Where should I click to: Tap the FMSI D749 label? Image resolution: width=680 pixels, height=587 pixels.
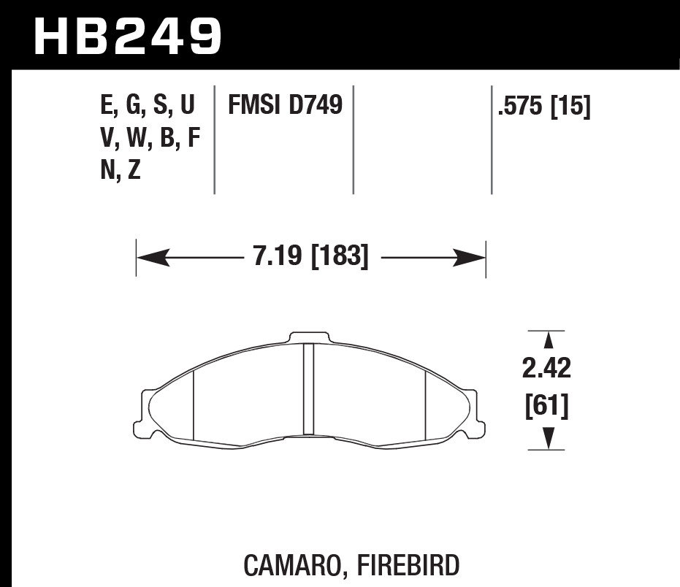pyautogui.click(x=286, y=105)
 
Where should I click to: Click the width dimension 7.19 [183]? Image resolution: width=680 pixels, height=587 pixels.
pyautogui.click(x=311, y=257)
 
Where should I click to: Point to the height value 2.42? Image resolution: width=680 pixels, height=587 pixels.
pyautogui.click(x=546, y=369)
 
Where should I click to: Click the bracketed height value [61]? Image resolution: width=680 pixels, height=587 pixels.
pyautogui.click(x=546, y=405)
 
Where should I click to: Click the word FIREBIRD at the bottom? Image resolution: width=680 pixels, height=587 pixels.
pyautogui.click(x=410, y=565)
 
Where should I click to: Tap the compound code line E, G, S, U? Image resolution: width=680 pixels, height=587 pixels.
pyautogui.click(x=148, y=106)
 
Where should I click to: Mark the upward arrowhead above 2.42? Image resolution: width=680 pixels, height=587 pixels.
pyautogui.click(x=547, y=340)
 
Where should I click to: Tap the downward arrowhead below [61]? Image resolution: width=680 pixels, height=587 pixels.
pyautogui.click(x=547, y=439)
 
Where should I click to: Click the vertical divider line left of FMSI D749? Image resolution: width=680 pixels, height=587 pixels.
pyautogui.click(x=214, y=139)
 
